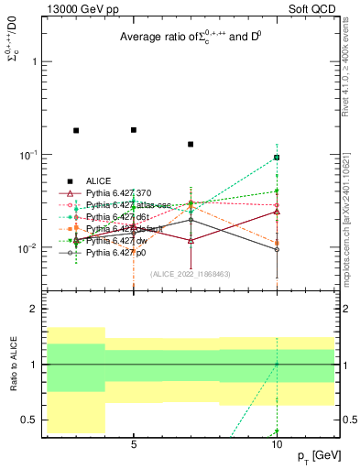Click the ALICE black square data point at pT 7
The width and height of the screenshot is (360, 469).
tap(191, 144)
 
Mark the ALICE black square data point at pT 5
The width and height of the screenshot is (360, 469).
tap(134, 130)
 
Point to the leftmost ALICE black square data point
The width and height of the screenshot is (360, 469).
tap(76, 131)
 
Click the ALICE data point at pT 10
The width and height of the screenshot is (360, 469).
tap(277, 158)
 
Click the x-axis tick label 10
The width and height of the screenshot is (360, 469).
tap(277, 443)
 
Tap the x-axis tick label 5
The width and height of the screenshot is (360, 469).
tap(134, 443)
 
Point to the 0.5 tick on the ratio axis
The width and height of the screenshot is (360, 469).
tap(29, 420)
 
